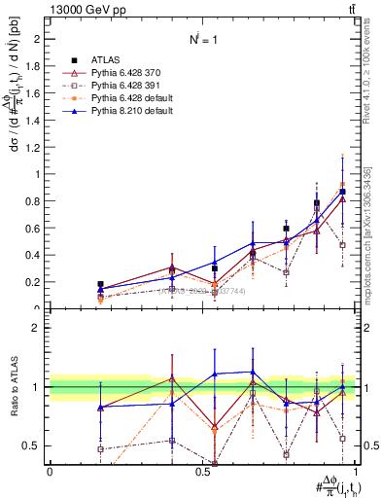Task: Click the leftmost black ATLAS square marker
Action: (100, 284)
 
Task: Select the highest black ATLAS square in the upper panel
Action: (342, 192)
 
